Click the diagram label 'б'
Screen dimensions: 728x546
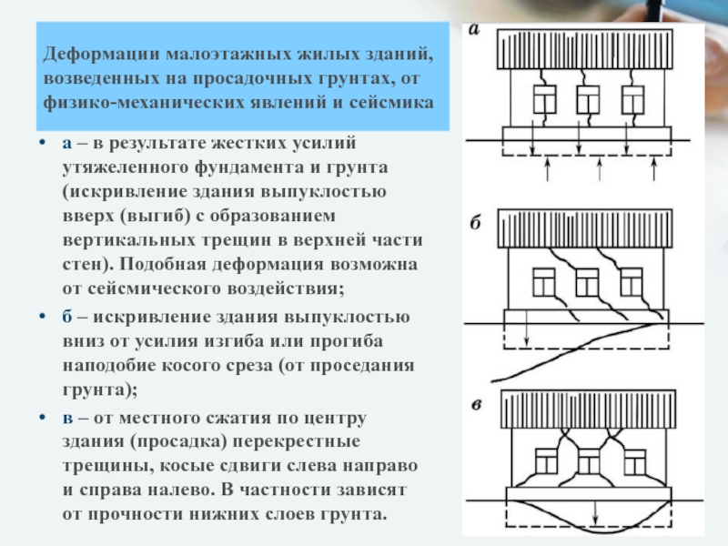[x=475, y=223]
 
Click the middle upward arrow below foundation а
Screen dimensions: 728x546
[x=598, y=171]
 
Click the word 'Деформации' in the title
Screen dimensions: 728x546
[x=96, y=56]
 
